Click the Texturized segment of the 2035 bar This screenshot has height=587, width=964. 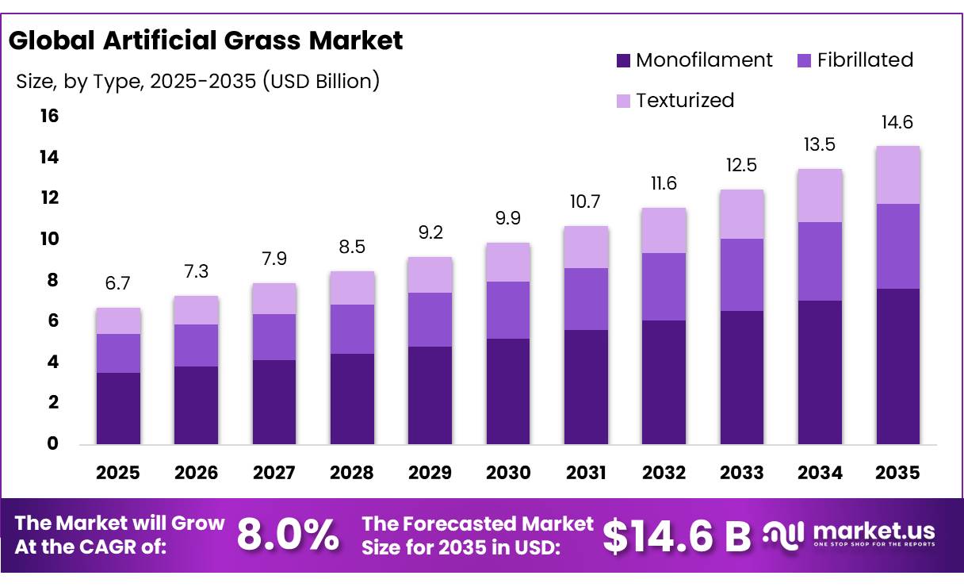[x=897, y=175]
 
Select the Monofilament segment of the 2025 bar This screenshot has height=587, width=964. [x=118, y=409]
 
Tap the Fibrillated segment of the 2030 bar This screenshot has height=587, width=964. [x=508, y=310]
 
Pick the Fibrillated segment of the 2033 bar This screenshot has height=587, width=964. [x=742, y=274]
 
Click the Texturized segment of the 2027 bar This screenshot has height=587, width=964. [x=274, y=298]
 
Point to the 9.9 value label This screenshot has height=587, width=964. [x=508, y=218]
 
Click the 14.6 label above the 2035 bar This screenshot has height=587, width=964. [x=897, y=122]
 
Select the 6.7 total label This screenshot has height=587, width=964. [x=117, y=283]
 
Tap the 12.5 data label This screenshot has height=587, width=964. [x=741, y=165]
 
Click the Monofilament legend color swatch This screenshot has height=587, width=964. [x=623, y=60]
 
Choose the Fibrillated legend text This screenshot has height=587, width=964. [x=865, y=59]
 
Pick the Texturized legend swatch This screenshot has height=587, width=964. [x=623, y=101]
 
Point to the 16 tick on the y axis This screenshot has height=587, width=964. [x=49, y=116]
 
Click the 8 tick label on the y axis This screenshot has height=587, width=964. [x=52, y=280]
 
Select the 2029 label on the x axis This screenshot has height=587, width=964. [x=430, y=473]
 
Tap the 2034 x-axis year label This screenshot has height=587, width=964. [x=820, y=473]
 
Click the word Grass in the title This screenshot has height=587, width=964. [x=262, y=41]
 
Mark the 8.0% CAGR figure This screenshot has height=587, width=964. [x=288, y=535]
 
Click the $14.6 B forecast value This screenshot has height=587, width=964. [x=676, y=536]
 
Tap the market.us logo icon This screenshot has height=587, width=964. [x=783, y=535]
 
